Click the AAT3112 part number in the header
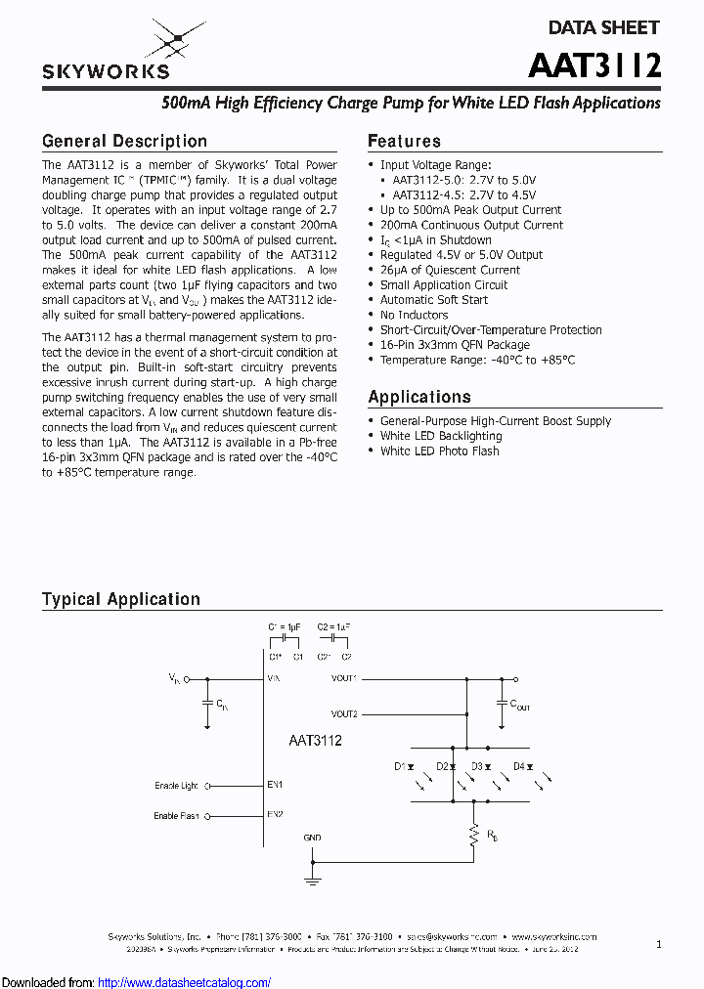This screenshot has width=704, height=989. (x=594, y=65)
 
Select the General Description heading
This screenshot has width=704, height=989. (x=124, y=142)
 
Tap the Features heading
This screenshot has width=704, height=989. (x=404, y=142)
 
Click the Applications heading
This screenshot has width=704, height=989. (x=418, y=397)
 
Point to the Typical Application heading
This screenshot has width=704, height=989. (x=120, y=599)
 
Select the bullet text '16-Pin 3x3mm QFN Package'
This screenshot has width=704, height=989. (x=455, y=345)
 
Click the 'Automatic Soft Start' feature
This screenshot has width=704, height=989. (x=433, y=300)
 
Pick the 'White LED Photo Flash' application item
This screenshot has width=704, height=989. (x=439, y=451)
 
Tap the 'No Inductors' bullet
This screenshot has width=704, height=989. (x=414, y=315)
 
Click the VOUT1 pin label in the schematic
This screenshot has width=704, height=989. (x=344, y=677)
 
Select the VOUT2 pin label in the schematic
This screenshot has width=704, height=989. (x=344, y=714)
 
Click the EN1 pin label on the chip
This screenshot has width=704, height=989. (x=275, y=784)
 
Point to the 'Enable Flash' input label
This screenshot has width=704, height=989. (x=176, y=816)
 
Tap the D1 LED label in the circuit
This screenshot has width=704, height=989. (x=400, y=766)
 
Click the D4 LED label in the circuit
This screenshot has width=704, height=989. (x=519, y=766)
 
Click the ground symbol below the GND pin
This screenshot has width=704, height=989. (x=313, y=880)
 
